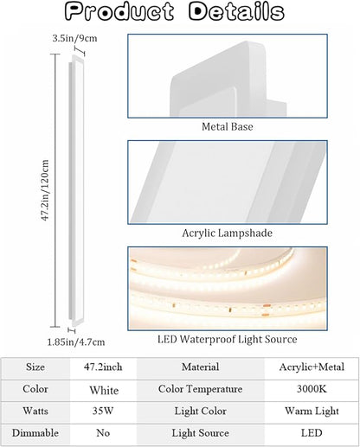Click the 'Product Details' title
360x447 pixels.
coord(175,12)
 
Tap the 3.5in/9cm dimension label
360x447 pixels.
coord(74,38)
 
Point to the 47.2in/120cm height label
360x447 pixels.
coord(45,190)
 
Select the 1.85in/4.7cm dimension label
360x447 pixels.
coord(76,342)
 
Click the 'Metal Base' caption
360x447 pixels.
coord(228,126)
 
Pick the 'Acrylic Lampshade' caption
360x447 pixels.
coord(228,233)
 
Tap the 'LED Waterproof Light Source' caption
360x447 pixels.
coord(228,339)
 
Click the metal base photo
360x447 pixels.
coord(228,76)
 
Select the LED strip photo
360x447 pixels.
coord(228,289)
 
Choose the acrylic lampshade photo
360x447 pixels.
coord(228,182)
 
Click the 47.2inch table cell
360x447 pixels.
coord(103,367)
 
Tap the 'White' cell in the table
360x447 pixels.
coord(104,390)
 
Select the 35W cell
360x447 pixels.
coord(103,411)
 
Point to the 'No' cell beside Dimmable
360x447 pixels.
coord(103,433)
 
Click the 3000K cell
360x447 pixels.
coord(312,389)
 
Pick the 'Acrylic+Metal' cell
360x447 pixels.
coord(312,367)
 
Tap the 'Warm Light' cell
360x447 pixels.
coord(312,412)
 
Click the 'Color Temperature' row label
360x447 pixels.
coord(200,389)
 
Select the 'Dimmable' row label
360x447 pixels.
coord(35,433)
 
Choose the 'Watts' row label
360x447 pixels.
coord(35,411)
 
